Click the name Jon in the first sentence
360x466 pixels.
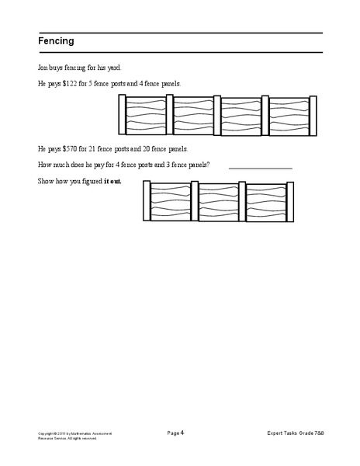pyautogui.click(x=43, y=68)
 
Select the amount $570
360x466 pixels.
pyautogui.click(x=70, y=148)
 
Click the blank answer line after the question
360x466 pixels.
pyautogui.click(x=260, y=166)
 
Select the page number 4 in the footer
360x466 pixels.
pyautogui.click(x=182, y=432)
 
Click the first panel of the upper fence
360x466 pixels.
pyautogui.click(x=146, y=116)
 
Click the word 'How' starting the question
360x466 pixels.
pyautogui.click(x=44, y=165)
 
